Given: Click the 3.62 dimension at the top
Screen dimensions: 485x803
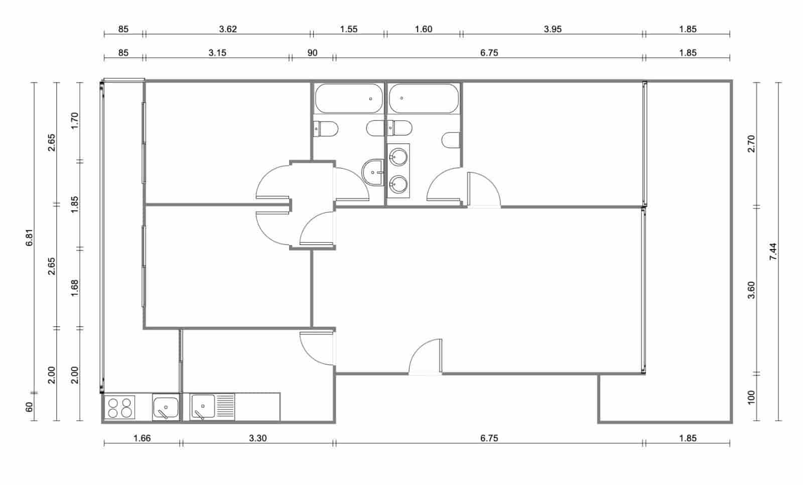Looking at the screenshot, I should pyautogui.click(x=228, y=29).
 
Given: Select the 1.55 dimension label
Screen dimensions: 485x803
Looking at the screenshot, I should pyautogui.click(x=349, y=29).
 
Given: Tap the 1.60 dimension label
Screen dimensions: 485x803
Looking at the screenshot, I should pyautogui.click(x=424, y=29).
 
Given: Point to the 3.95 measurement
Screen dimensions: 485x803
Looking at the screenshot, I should pyautogui.click(x=553, y=29).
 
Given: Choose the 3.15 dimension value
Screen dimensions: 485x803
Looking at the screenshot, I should pyautogui.click(x=217, y=53).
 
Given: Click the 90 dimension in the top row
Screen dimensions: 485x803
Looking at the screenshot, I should pyautogui.click(x=312, y=53).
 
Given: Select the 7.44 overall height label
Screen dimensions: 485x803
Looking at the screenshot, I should pyautogui.click(x=773, y=251).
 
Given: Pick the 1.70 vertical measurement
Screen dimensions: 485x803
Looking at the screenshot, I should pyautogui.click(x=75, y=121).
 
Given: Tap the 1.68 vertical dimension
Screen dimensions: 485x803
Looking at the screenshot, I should pyautogui.click(x=75, y=288).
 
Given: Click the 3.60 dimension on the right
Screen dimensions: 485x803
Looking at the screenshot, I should pyautogui.click(x=751, y=290).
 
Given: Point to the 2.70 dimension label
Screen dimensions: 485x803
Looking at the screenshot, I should pyautogui.click(x=751, y=144).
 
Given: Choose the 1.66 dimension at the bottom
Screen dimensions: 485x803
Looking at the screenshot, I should pyautogui.click(x=142, y=438).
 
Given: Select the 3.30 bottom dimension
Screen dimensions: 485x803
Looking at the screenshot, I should pyautogui.click(x=258, y=438).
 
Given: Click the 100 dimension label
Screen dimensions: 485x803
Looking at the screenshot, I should pyautogui.click(x=751, y=397).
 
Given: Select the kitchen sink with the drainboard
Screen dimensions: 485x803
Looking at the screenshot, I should pyautogui.click(x=212, y=407).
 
